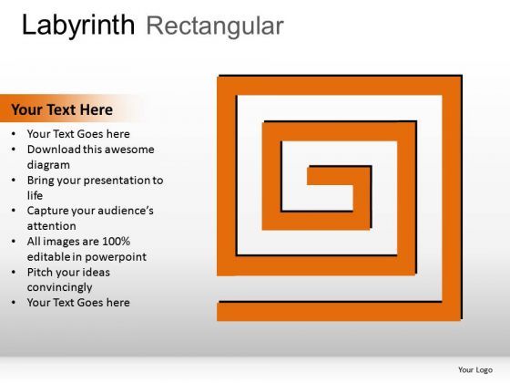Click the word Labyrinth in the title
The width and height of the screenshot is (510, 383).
pos(79,25)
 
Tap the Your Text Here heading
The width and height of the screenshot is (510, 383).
pos(62,109)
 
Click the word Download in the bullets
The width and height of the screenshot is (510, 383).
pos(54,150)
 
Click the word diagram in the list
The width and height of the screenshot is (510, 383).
pos(48,165)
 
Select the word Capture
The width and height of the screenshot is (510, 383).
pos(49,211)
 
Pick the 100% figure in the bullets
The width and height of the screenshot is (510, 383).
pos(116,242)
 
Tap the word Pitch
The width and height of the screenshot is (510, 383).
pos(41,272)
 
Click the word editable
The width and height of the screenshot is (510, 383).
pos(48,257)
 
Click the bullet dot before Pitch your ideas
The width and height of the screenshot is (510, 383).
pos(15,273)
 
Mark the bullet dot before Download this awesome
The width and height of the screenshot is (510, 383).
pos(15,150)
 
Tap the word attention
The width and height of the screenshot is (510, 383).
pos(52,226)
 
